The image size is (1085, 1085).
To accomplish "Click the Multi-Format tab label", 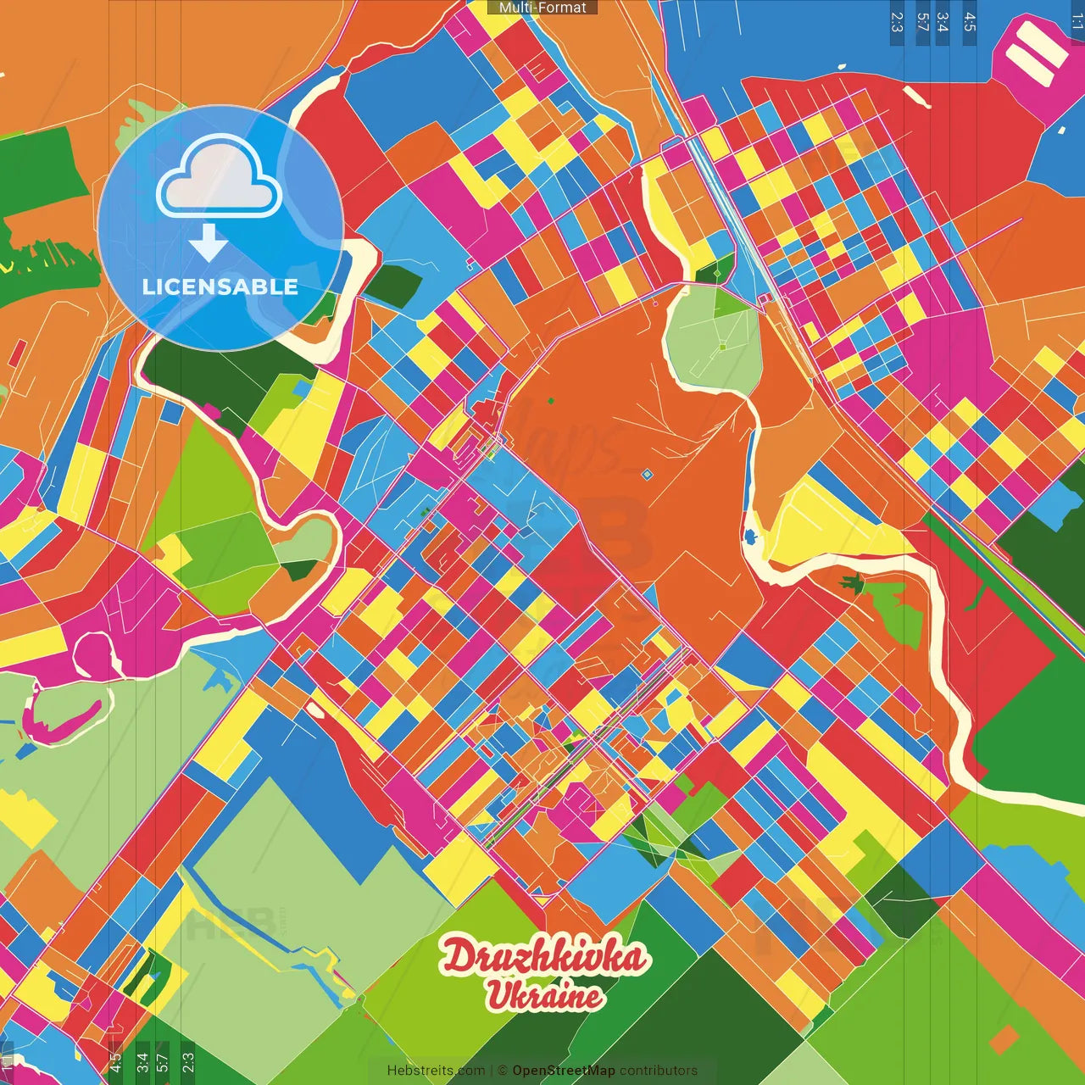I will [x=542, y=8].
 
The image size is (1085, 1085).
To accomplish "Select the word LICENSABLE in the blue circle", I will [x=220, y=287].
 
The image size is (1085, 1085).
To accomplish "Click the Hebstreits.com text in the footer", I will [x=436, y=1071].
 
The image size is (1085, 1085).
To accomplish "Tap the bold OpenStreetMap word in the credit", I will [x=564, y=1071].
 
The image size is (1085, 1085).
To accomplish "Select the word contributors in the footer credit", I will [x=659, y=1071].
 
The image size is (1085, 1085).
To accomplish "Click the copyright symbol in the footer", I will [x=503, y=1071].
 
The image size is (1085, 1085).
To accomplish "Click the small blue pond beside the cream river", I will [x=750, y=536].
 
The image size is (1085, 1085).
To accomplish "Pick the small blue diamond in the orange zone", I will [x=647, y=475].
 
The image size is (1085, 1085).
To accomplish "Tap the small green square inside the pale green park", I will [x=722, y=347].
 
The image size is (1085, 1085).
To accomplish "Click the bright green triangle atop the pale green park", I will [x=727, y=302].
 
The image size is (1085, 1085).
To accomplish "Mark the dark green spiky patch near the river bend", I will [x=851, y=583].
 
